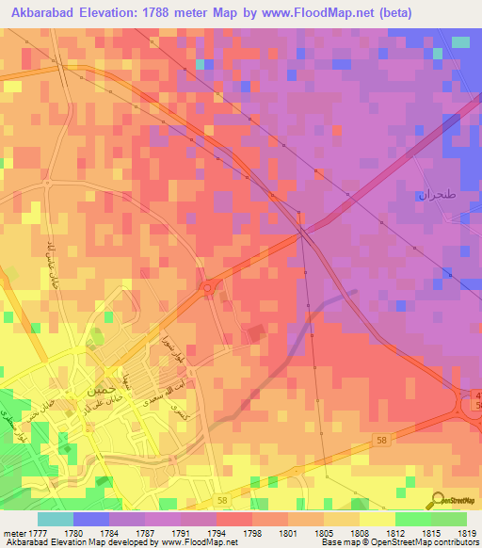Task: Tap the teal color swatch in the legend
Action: pyautogui.click(x=55, y=519)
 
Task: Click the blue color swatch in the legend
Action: pyautogui.click(x=90, y=519)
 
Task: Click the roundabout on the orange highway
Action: pyautogui.click(x=206, y=287)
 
